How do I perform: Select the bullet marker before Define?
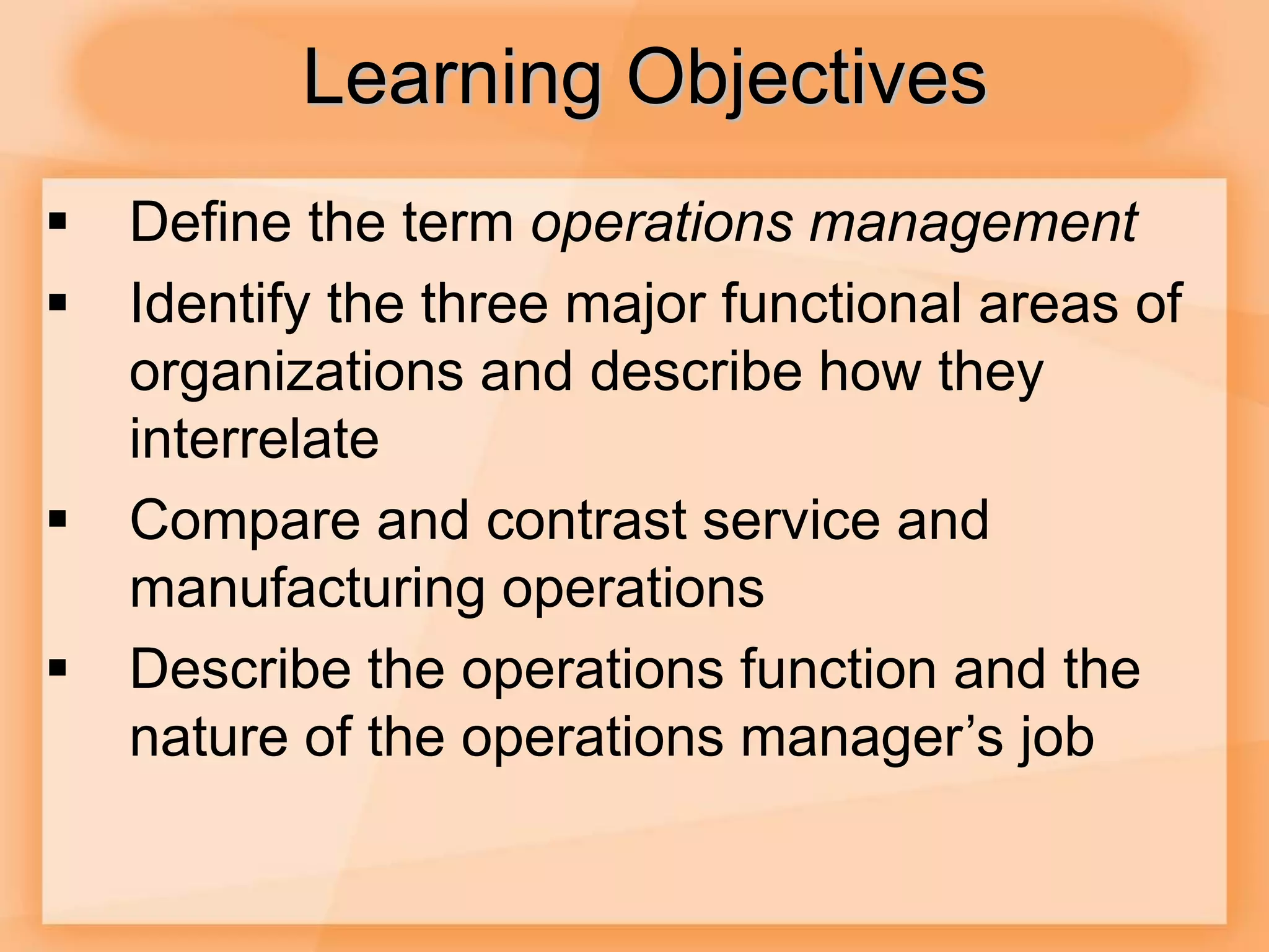coord(58,222)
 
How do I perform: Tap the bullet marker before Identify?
coord(58,303)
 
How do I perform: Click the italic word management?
coord(973,223)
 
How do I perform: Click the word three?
coord(485,304)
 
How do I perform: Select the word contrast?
coord(586,521)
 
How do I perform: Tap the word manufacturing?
coord(307,589)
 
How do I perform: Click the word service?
coord(791,521)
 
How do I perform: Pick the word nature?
coord(209,738)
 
